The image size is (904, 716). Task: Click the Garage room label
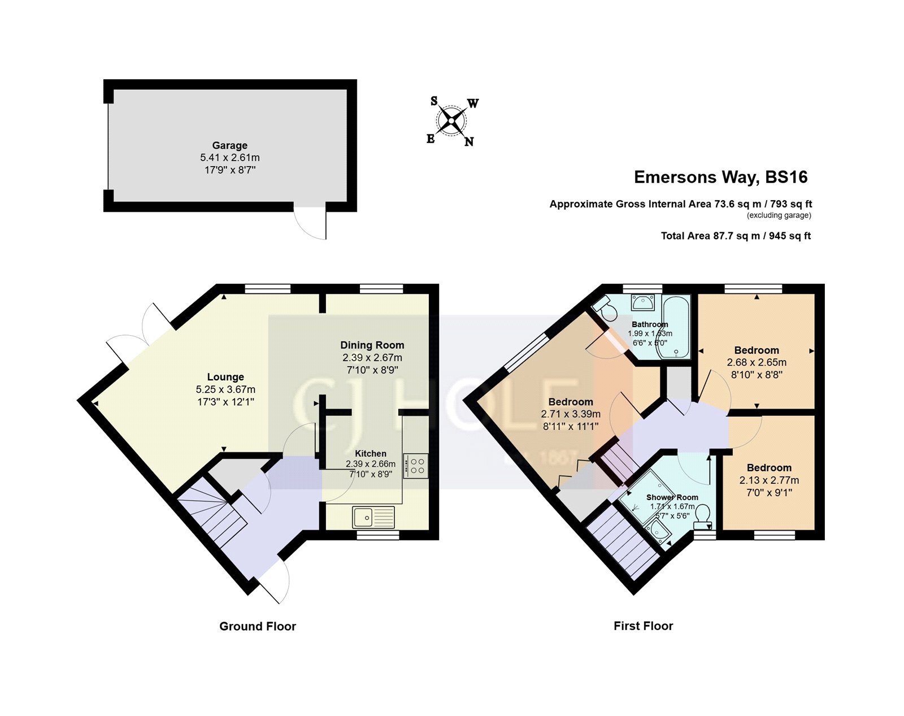click(229, 145)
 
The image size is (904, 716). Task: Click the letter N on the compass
click(469, 142)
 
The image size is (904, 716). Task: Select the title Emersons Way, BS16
click(720, 177)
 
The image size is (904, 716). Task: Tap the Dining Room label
click(372, 345)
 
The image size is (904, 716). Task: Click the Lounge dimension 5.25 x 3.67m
click(225, 389)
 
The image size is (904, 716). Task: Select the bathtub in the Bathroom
click(676, 328)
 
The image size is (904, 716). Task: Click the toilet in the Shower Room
click(702, 515)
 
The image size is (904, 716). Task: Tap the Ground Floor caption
click(258, 626)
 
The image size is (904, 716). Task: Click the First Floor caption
click(643, 626)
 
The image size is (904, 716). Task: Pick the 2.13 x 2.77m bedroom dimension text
click(769, 480)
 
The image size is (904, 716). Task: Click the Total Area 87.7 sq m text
click(736, 236)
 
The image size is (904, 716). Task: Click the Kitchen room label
click(371, 453)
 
